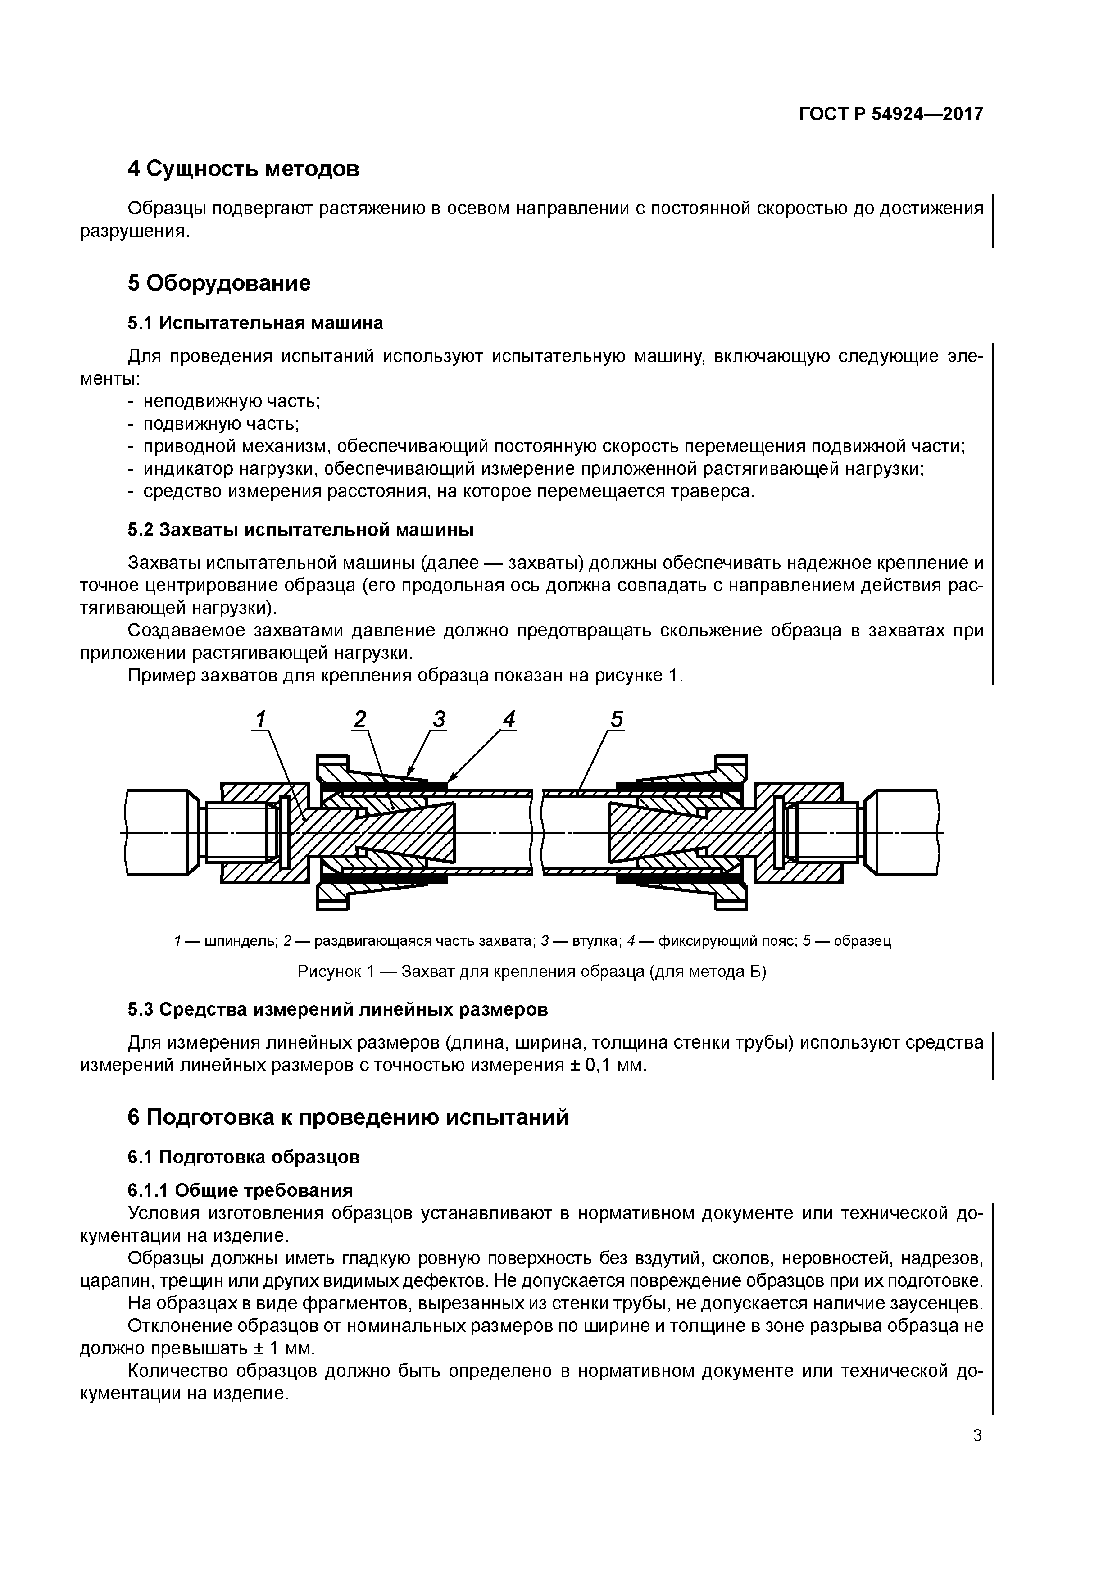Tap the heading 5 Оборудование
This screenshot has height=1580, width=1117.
point(219,283)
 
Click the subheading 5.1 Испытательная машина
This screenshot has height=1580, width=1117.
point(254,323)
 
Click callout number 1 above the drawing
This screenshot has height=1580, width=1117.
point(260,720)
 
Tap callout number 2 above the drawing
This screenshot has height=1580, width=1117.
point(360,720)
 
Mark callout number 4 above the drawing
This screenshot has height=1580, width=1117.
point(509,720)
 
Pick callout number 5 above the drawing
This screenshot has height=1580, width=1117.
point(616,720)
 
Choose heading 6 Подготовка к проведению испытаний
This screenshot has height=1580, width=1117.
point(348,1117)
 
